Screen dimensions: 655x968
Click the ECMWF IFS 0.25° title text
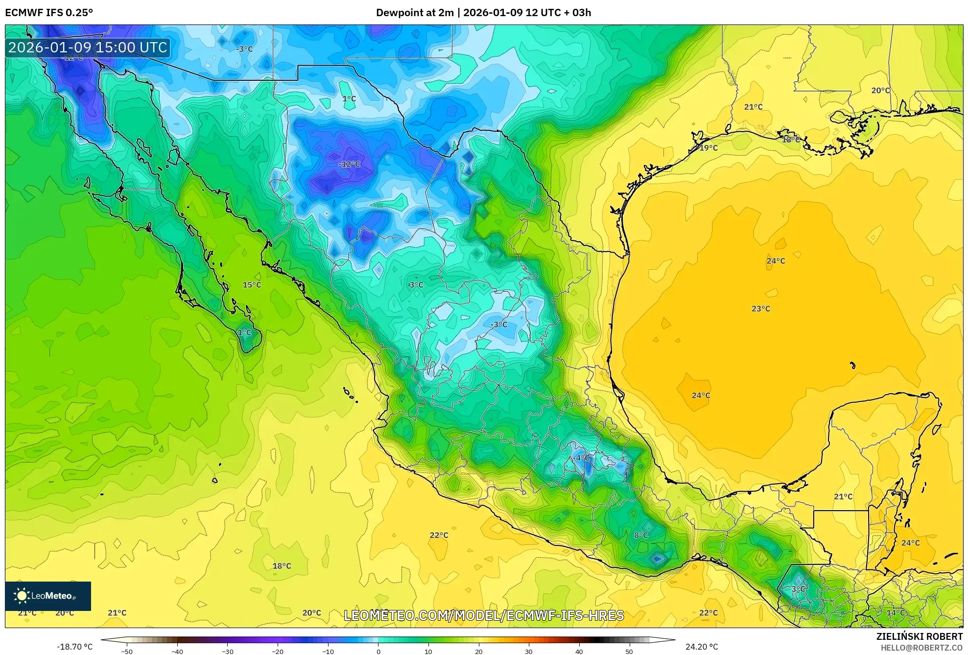(49, 13)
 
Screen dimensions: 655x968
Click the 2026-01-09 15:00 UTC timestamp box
(88, 47)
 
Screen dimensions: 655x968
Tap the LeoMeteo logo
(47, 596)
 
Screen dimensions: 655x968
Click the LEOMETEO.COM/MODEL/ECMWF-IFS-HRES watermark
(484, 615)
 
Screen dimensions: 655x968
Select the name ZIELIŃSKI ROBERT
(919, 636)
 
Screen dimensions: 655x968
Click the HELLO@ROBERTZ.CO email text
(921, 648)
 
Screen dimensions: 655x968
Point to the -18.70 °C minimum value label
(74, 647)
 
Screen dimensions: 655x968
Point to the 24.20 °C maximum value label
(701, 647)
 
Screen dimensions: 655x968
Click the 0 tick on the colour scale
(378, 651)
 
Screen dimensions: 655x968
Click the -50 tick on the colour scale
(127, 651)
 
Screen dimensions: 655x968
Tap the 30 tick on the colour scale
(529, 651)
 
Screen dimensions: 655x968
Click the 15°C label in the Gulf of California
(252, 285)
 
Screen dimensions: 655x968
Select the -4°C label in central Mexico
(582, 458)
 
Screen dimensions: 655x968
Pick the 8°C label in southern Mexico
(641, 535)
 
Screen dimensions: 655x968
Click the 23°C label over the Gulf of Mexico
(761, 309)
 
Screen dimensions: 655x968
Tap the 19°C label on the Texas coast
(708, 148)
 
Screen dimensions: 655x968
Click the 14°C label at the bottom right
(896, 613)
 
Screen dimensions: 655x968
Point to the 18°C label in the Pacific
(282, 566)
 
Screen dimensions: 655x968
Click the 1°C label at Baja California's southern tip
(244, 332)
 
